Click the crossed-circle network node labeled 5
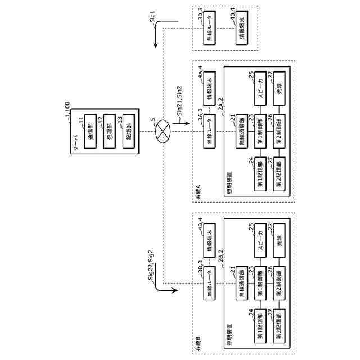tap(163, 129)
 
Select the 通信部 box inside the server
tap(89, 133)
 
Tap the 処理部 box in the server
tap(108, 133)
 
